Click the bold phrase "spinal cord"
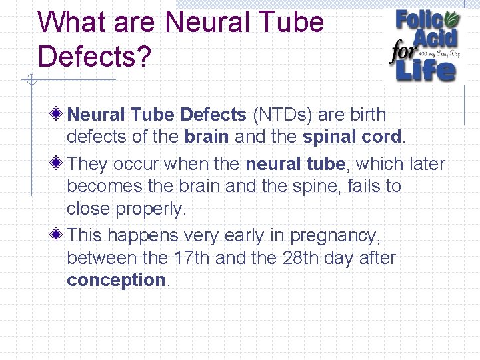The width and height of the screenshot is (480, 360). click(x=353, y=137)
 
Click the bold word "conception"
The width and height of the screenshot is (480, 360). click(x=116, y=279)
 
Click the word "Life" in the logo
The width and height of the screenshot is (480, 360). click(x=427, y=69)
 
